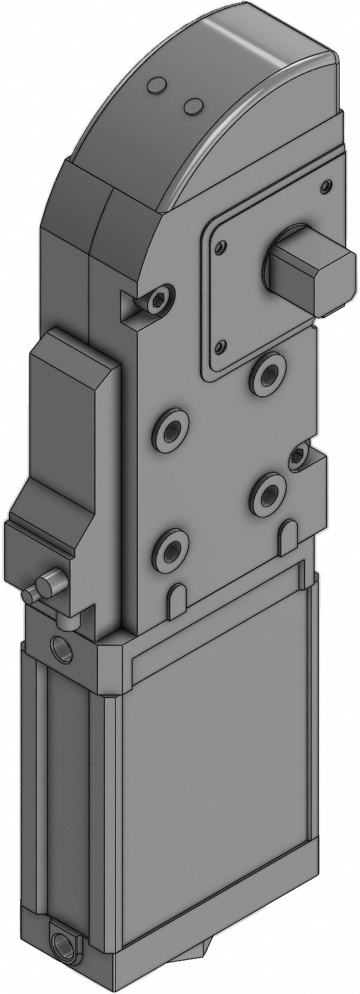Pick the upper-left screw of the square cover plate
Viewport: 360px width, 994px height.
222,246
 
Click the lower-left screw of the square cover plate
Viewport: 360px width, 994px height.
222,346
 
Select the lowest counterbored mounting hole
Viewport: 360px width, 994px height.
171,548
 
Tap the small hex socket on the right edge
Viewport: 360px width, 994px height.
297,457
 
